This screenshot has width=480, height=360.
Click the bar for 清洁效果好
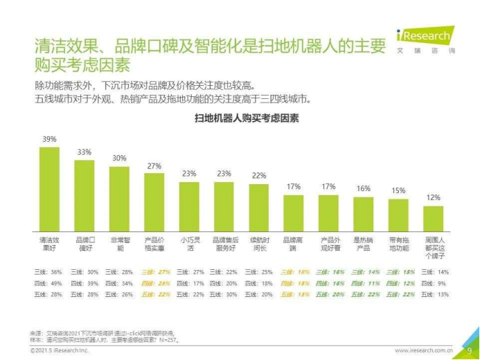coord(49,188)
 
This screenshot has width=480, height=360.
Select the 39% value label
coord(49,139)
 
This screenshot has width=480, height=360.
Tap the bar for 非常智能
coord(119,198)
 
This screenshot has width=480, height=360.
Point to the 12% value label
coord(433,197)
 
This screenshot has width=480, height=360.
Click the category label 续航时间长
coord(258,244)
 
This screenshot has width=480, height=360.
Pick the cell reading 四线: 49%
coord(48,282)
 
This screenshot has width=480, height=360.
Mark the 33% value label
coord(85,152)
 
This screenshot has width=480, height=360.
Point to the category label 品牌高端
coord(293,244)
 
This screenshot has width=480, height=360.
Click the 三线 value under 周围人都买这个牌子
coord(433,272)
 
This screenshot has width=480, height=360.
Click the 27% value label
coord(154,165)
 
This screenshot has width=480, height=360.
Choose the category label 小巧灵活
coord(188,244)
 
